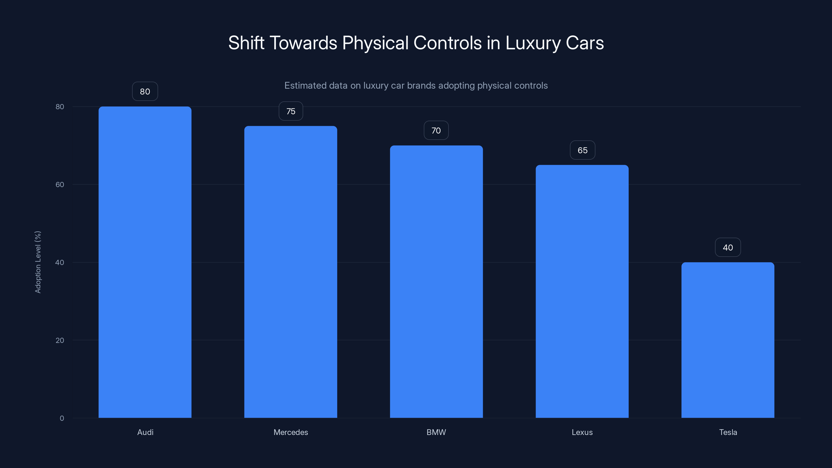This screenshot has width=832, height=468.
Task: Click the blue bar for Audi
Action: (x=145, y=262)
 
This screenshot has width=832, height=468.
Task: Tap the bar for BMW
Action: (x=436, y=281)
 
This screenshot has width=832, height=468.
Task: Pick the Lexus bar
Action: (x=582, y=291)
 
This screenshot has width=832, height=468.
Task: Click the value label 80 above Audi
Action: (x=145, y=92)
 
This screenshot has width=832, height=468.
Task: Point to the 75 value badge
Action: (x=291, y=111)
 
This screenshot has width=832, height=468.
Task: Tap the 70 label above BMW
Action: (x=436, y=131)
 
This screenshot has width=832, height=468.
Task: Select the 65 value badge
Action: (x=582, y=150)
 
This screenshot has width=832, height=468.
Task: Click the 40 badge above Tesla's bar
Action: (x=728, y=248)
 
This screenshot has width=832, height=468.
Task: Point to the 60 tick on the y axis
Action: (x=60, y=184)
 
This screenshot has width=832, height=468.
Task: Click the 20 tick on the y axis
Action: (x=60, y=340)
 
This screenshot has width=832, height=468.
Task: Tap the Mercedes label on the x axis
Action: (x=291, y=432)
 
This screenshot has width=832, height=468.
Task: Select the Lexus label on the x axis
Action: (x=582, y=432)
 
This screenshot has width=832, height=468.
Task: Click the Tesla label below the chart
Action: (x=728, y=432)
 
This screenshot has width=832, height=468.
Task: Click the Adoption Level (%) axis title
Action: (x=38, y=262)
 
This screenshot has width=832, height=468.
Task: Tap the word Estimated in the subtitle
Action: (x=305, y=86)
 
